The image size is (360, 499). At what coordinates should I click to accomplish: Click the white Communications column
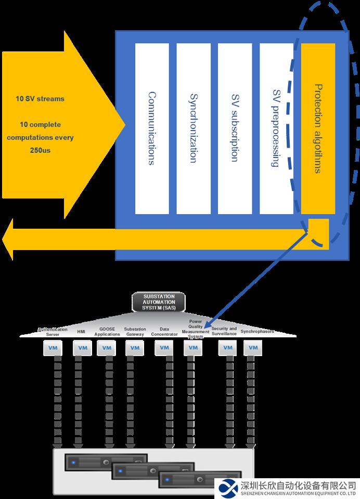(x=152, y=128)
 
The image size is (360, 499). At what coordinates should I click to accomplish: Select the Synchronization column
(x=194, y=128)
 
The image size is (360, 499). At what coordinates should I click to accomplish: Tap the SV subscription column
(x=235, y=128)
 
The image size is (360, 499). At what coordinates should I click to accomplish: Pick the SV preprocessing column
(x=276, y=128)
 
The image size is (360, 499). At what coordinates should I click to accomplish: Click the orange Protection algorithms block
(x=318, y=128)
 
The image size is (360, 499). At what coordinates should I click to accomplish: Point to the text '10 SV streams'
(x=40, y=99)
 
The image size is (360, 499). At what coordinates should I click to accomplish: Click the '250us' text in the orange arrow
(x=40, y=151)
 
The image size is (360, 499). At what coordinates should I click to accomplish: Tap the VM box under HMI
(x=82, y=348)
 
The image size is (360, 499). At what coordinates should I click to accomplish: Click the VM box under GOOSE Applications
(x=106, y=348)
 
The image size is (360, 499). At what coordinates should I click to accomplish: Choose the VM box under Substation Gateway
(x=135, y=348)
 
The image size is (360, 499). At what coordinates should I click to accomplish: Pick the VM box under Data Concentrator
(x=164, y=348)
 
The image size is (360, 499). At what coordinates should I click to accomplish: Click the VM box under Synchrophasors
(x=253, y=348)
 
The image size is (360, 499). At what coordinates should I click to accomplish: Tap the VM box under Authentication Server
(x=53, y=348)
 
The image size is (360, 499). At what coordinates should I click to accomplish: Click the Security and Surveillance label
(x=224, y=331)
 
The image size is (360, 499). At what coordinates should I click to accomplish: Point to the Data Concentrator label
(x=164, y=332)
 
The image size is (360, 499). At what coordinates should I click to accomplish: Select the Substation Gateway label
(x=135, y=332)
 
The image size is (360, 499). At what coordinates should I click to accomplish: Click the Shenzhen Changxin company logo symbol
(x=229, y=488)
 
